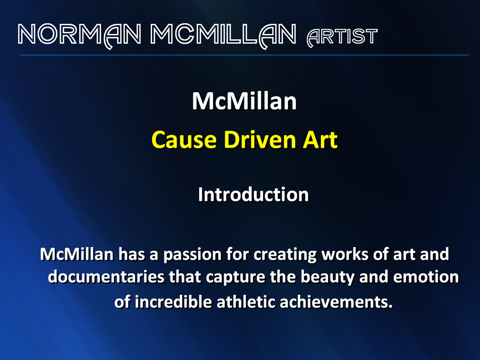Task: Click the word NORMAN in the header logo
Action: pos(80,35)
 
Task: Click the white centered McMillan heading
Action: pos(244,101)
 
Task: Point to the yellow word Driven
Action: pos(259,140)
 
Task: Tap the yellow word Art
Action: pos(320,140)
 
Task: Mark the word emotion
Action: pos(426,277)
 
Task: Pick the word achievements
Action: pos(336,302)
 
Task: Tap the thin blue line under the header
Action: pos(244,55)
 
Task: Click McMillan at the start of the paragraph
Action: pos(77,255)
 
